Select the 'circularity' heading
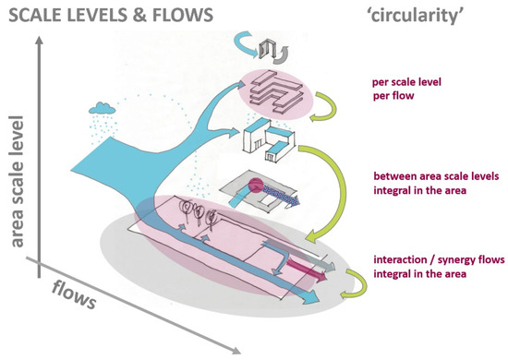click(x=425, y=16)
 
